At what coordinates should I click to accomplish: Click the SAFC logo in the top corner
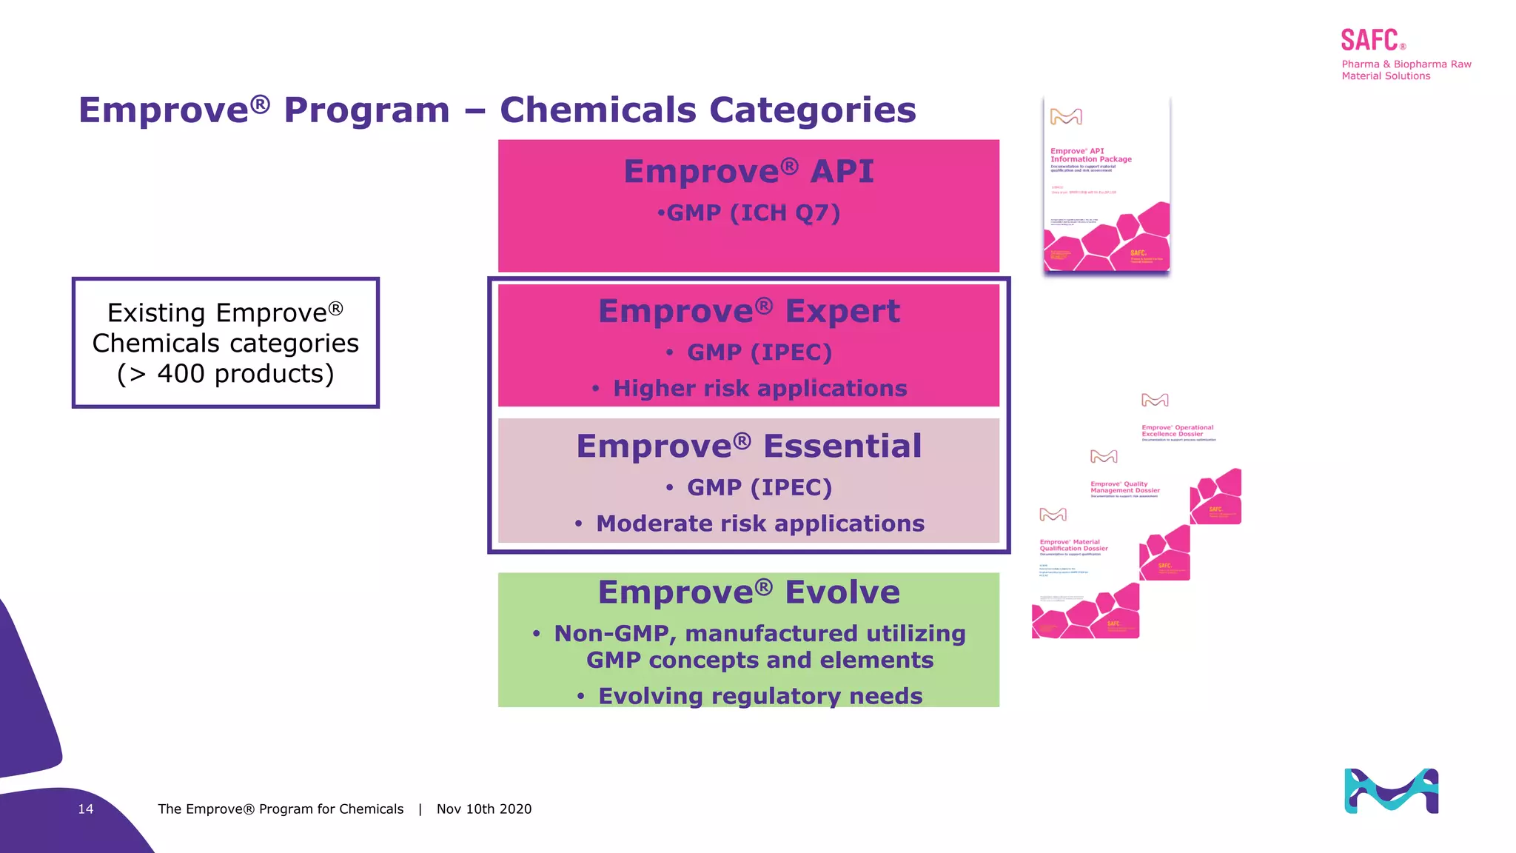point(1370,40)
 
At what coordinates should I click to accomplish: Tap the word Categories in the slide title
point(812,110)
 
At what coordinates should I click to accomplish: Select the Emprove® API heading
point(748,172)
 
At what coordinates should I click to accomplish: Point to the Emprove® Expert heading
point(748,311)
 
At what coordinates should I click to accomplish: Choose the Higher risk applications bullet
point(759,389)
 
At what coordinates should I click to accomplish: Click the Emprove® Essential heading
point(748,446)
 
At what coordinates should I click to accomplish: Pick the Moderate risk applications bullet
point(759,523)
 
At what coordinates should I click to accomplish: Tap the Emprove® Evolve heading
point(748,592)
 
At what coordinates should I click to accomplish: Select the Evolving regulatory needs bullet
point(759,696)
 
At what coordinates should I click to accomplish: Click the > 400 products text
point(226,374)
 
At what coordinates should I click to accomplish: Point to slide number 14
point(86,809)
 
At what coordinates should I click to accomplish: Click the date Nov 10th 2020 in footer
point(484,809)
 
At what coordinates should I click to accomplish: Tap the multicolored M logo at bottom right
point(1391,791)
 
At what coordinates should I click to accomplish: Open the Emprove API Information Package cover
point(1106,185)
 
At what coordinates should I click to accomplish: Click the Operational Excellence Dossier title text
point(1177,431)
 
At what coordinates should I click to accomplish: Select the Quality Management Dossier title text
point(1124,487)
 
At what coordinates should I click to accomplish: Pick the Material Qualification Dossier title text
point(1073,546)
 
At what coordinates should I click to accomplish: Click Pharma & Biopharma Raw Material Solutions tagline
point(1406,70)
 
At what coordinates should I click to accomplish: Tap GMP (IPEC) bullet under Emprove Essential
point(759,488)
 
